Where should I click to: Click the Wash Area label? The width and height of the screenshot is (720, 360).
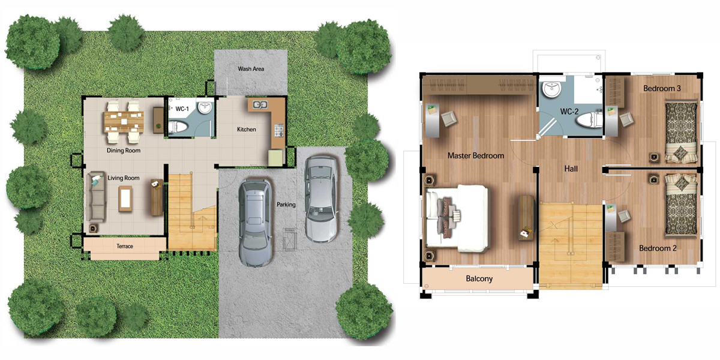coord(251,69)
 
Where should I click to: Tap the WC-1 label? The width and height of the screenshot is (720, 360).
coord(182,109)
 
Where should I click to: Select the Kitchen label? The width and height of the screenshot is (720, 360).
coord(247,129)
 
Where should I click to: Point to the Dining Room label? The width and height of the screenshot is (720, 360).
coord(124,150)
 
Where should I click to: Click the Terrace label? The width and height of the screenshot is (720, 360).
coord(124,246)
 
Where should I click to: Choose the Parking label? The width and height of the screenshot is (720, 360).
coord(286,205)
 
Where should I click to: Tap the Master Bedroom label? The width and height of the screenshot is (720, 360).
coord(476,155)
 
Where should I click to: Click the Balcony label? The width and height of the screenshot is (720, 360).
coord(479,278)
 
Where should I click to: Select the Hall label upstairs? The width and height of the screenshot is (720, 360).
coord(571,169)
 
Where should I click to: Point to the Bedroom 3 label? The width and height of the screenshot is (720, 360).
coord(662,88)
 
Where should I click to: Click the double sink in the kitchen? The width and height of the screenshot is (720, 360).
coord(260,104)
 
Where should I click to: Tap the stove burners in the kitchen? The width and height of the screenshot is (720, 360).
coord(278,130)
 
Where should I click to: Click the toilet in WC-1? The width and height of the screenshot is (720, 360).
coord(178,127)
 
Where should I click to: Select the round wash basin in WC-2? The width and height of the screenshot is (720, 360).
coord(552,89)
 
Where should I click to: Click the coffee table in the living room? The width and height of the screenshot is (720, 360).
coord(125,199)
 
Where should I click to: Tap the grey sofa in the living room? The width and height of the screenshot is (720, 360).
coord(96,197)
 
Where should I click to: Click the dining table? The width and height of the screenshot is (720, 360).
coord(124,122)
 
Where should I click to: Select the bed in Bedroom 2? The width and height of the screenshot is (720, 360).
coord(682,205)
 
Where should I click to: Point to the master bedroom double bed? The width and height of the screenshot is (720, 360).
coord(457,218)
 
